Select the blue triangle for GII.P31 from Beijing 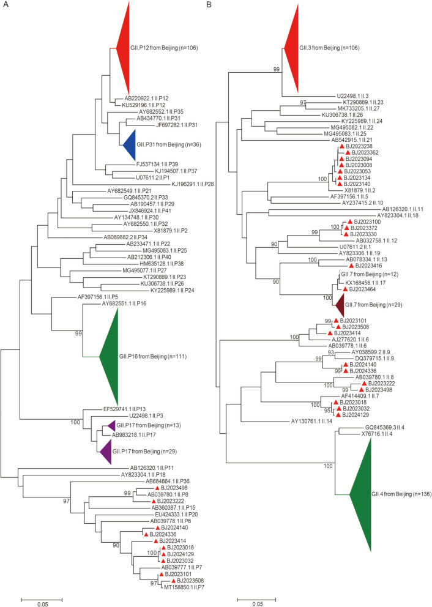tap(130, 145)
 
